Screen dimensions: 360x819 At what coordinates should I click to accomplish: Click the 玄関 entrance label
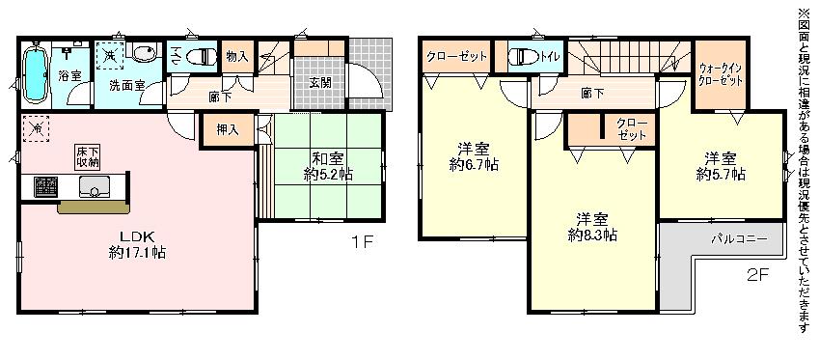tap(320, 82)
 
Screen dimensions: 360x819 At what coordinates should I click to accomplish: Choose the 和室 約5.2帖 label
tap(330, 166)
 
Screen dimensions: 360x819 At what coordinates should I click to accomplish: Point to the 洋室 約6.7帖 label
tap(473, 156)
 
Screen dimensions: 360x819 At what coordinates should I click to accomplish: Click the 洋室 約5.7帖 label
tap(720, 166)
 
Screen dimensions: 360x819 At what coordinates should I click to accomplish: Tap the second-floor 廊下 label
tap(592, 93)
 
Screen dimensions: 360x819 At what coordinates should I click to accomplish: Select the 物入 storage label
tap(236, 57)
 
